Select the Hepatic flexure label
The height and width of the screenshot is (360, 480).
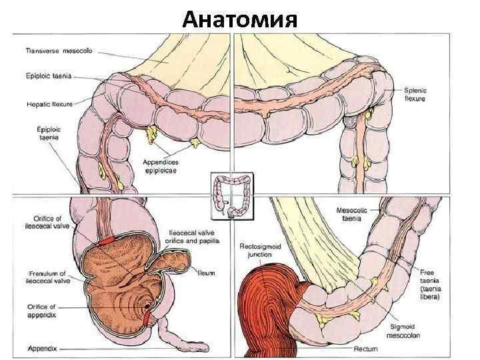[50, 104]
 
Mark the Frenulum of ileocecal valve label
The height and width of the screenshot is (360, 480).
[45, 277]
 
